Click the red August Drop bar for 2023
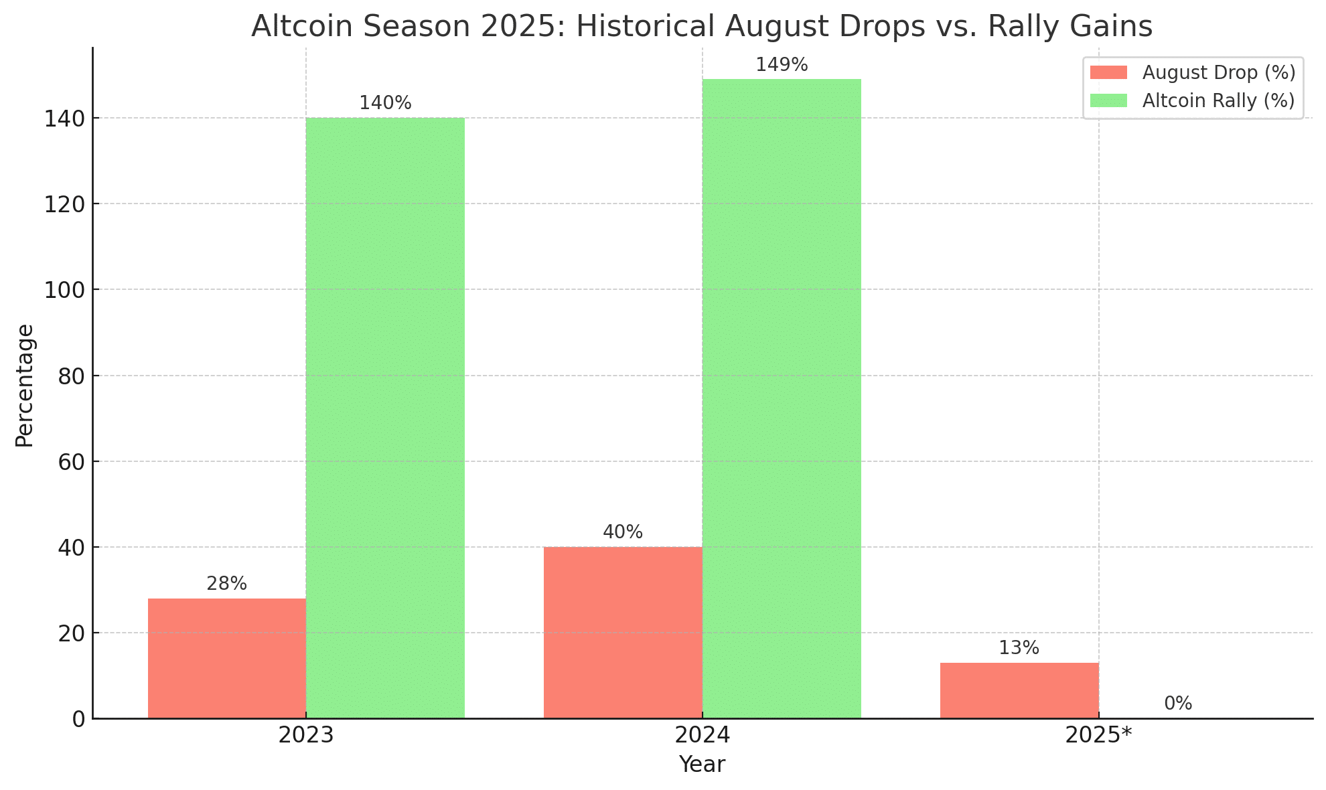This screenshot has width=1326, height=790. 227,658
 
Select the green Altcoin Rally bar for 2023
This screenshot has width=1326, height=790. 385,418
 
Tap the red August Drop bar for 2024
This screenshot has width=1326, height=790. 623,632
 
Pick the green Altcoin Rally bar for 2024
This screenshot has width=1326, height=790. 782,398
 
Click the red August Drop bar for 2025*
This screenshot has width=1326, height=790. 1019,690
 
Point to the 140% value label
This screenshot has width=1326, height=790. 385,103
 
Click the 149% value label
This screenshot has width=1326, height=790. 782,65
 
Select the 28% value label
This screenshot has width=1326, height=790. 227,584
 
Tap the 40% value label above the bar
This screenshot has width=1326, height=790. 623,532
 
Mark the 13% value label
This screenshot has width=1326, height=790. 1019,648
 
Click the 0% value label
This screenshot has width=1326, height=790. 1178,704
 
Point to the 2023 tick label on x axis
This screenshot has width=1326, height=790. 306,736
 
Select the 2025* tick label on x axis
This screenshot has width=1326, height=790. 1098,736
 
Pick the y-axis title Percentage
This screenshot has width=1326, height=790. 25,386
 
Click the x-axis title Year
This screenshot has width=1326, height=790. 702,765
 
